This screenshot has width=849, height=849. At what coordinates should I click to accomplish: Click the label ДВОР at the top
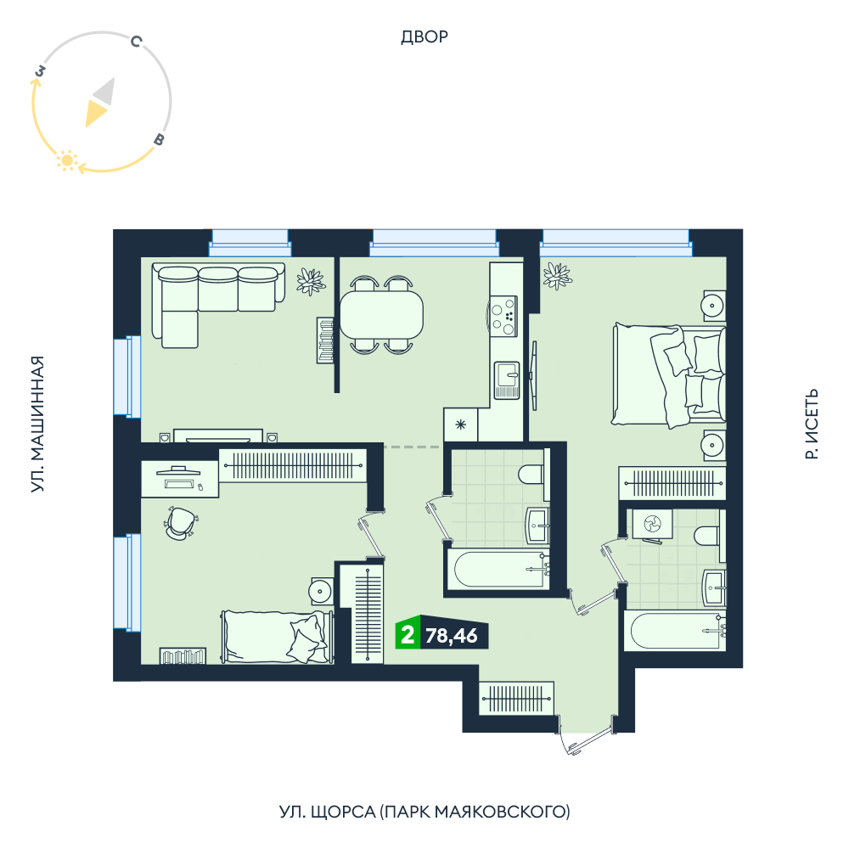point(424,37)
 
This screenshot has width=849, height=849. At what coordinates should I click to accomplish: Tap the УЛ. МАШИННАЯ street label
point(37,424)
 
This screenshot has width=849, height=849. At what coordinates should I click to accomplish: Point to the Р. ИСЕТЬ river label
point(811,424)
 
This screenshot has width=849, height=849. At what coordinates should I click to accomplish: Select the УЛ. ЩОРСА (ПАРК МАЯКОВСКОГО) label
point(424,812)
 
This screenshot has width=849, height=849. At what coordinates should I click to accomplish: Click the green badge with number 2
point(408,633)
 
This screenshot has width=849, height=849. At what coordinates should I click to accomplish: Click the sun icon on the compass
point(67,160)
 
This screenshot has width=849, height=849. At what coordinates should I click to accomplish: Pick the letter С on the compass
point(137,41)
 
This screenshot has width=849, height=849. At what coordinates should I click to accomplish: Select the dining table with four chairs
point(381,315)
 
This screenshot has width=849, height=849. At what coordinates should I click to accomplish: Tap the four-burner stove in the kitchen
point(503,316)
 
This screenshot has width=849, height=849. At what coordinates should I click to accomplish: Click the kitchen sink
point(507,380)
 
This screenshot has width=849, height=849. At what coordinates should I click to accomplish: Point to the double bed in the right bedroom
point(669,374)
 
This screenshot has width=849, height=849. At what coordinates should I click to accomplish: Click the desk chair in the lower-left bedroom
point(180,523)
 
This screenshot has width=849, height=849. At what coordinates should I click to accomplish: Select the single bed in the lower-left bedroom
point(277,637)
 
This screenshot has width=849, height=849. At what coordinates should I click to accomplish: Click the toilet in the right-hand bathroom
point(706,536)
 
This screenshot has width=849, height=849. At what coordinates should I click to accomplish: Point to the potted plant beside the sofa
point(311,282)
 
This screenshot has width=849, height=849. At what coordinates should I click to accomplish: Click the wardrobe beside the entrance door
point(516,699)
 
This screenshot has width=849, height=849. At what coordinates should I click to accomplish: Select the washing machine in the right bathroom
point(653,524)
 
